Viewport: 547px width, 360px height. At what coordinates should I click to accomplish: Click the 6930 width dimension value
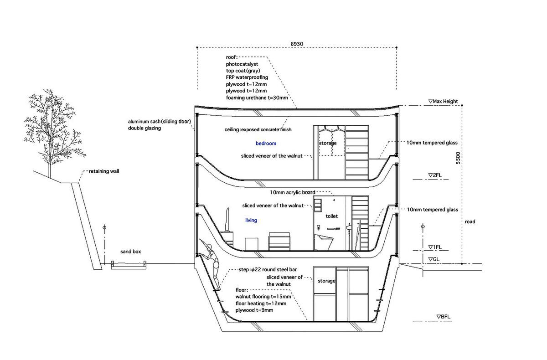point(297,44)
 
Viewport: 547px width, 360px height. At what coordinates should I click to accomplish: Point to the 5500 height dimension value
point(458,158)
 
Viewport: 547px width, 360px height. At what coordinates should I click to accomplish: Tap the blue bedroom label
point(266,143)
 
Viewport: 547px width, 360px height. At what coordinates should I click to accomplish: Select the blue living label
point(251,220)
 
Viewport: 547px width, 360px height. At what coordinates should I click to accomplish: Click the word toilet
point(332,216)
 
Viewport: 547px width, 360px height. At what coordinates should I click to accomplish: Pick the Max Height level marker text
point(443,101)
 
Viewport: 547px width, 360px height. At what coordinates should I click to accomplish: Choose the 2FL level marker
point(435,175)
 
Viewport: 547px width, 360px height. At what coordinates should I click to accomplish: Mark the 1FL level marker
point(435,247)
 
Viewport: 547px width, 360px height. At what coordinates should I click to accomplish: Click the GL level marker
point(434,259)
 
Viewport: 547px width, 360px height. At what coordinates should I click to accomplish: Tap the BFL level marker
point(444,317)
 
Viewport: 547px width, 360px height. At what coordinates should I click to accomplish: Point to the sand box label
point(131,252)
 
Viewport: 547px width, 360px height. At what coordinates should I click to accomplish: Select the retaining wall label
point(104,171)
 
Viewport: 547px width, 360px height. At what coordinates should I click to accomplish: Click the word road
point(470,221)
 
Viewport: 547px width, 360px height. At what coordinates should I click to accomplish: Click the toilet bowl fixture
point(324,242)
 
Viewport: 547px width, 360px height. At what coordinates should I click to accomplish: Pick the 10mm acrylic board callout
point(293,192)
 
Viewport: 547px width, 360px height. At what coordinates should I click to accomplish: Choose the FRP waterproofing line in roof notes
point(247,77)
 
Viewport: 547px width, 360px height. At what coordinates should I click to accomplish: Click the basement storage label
point(326,281)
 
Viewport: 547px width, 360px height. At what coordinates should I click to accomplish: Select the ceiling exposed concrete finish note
point(258,129)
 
